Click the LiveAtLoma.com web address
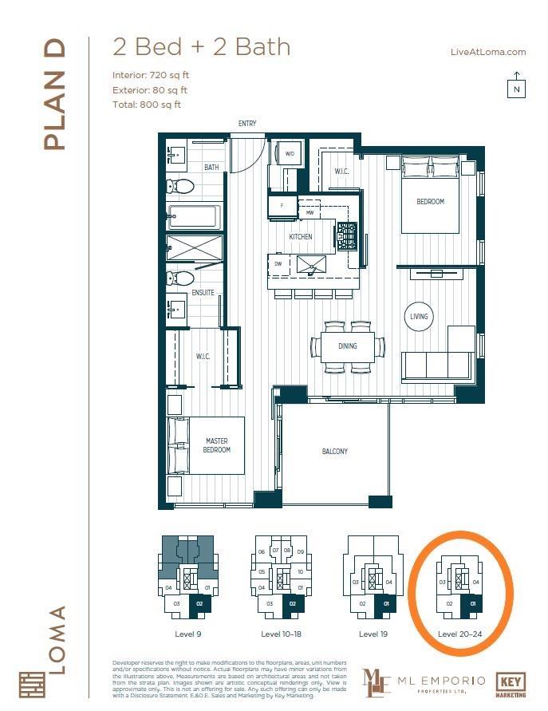click(x=488, y=52)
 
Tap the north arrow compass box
click(x=516, y=86)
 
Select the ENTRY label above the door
click(x=246, y=123)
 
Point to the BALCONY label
click(x=334, y=452)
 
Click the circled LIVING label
click(x=419, y=316)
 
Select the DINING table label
click(x=347, y=346)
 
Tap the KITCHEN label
click(x=301, y=237)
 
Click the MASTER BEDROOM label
click(x=216, y=445)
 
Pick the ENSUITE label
click(x=203, y=294)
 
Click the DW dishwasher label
click(x=278, y=263)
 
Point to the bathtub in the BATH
click(x=194, y=217)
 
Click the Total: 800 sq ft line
click(x=147, y=104)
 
